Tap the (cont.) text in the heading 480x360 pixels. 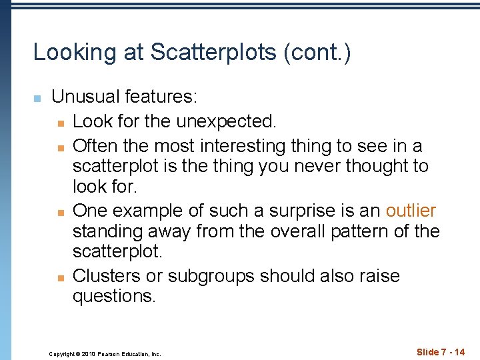pyautogui.click(x=317, y=53)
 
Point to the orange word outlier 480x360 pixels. pyautogui.click(x=411, y=211)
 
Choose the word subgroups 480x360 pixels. pyautogui.click(x=211, y=275)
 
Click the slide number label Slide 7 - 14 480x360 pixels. pyautogui.click(x=441, y=352)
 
